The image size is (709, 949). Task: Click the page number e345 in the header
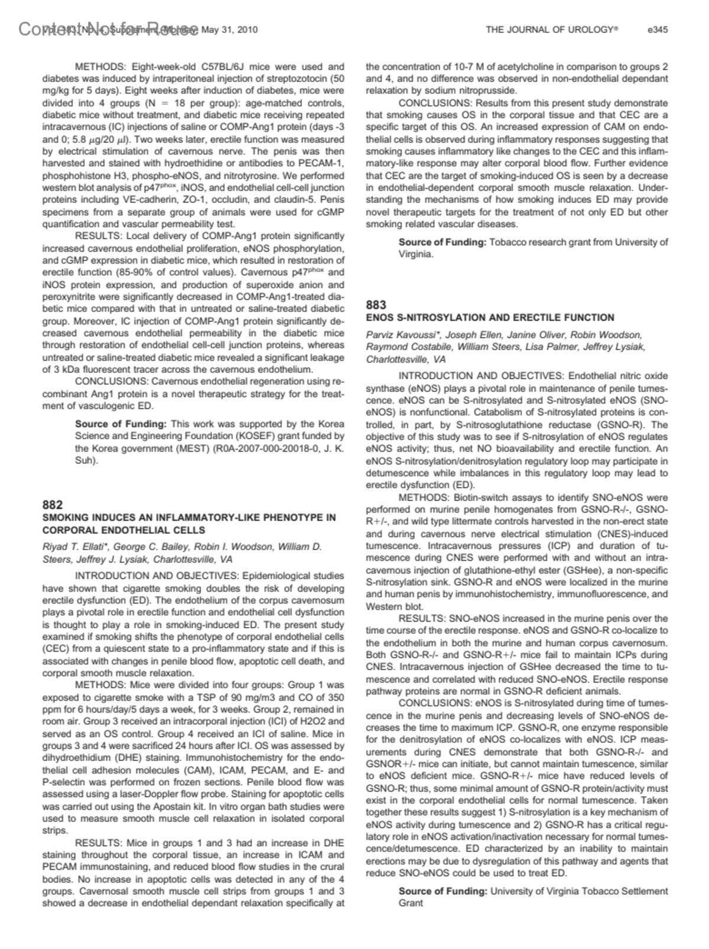click(x=658, y=30)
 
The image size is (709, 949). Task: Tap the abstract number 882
click(x=53, y=505)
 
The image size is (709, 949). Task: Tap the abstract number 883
click(x=376, y=305)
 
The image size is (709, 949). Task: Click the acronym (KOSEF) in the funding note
click(x=238, y=436)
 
